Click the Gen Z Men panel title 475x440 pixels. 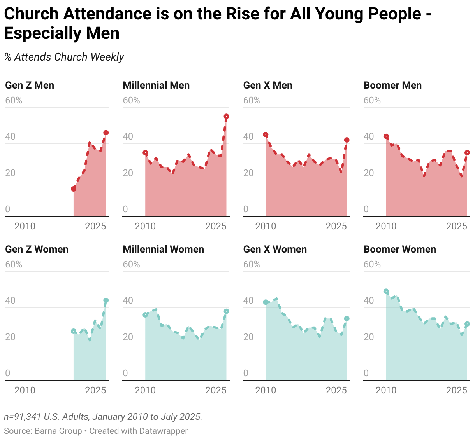(30, 86)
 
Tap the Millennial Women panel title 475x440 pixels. (163, 250)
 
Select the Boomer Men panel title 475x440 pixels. (392, 86)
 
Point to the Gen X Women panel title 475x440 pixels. (275, 250)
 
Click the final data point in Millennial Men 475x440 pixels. (226, 116)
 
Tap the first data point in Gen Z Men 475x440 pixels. (74, 189)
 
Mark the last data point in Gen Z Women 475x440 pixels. (106, 300)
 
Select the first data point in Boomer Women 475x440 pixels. (386, 291)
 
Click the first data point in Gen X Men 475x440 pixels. (266, 134)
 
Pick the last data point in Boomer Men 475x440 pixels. (467, 153)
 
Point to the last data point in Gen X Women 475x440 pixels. (347, 318)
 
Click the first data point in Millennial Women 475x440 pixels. (145, 315)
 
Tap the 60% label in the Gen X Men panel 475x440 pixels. (252, 101)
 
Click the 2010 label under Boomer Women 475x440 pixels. (386, 390)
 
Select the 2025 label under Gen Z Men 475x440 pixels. (95, 226)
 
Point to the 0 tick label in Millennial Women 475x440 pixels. (125, 373)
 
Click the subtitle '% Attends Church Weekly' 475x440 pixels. (64, 57)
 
